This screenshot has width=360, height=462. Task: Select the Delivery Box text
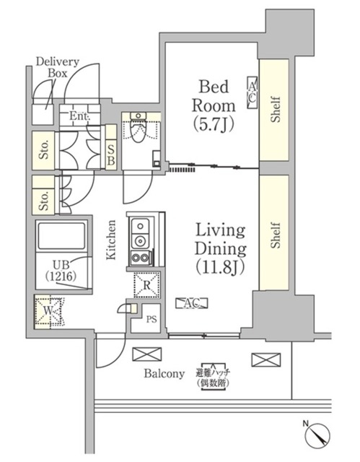coord(57,67)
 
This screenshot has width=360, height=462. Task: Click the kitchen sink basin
coord(139,233)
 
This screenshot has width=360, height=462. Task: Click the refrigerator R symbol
coord(146,284)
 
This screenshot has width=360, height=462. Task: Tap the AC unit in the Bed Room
coord(252,92)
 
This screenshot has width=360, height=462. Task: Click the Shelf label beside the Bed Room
coord(276,109)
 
